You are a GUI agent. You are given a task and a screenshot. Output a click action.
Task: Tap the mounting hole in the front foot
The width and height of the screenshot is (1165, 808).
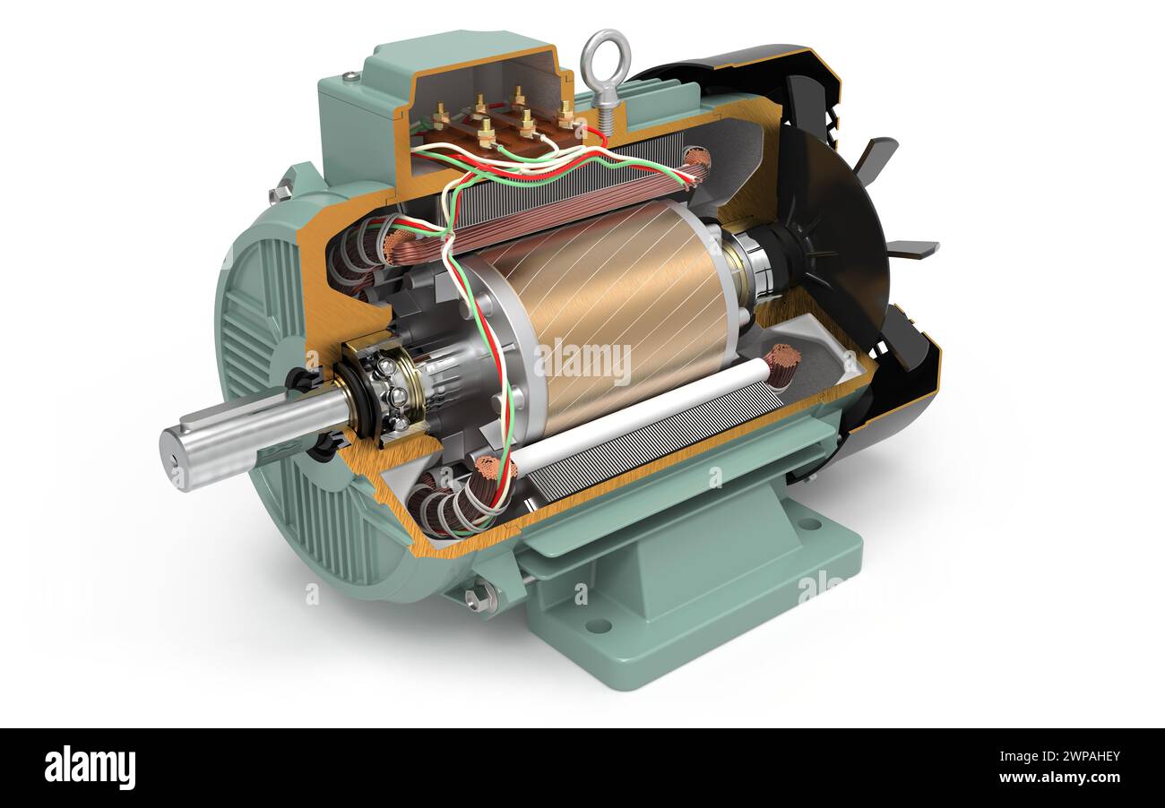tap(598, 624)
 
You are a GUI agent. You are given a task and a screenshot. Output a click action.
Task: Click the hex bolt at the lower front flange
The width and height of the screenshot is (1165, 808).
tap(479, 597)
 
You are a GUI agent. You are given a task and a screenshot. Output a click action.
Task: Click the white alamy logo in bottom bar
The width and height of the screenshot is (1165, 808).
tap(90, 768)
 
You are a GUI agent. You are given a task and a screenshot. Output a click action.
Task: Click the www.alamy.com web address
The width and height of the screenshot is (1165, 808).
tap(1057, 778)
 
